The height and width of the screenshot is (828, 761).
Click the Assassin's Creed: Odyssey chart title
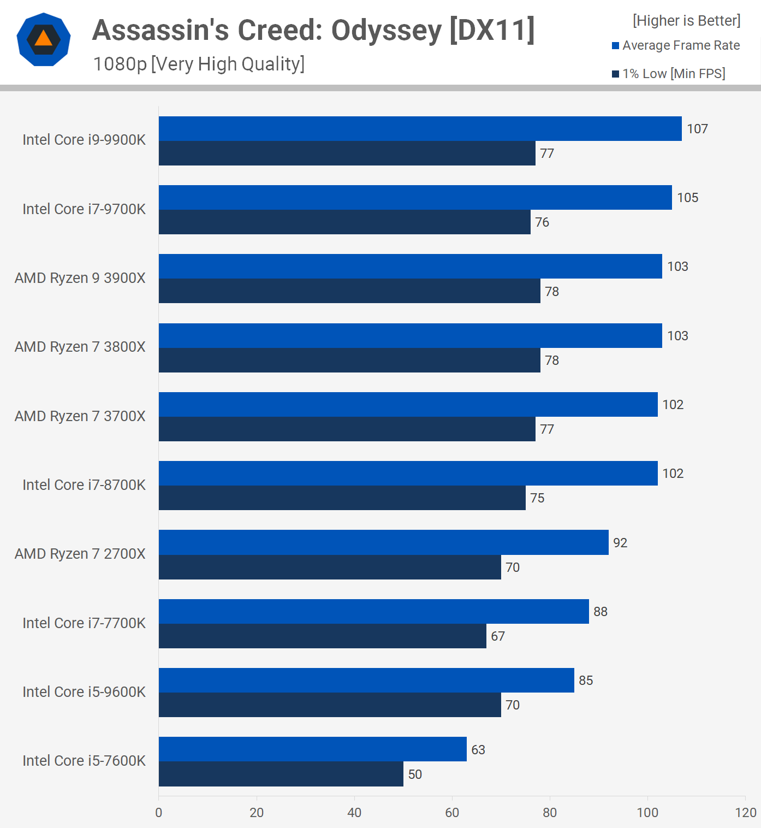(313, 30)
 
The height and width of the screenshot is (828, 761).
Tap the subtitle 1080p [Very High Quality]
(199, 64)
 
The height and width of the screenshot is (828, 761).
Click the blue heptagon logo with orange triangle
(44, 39)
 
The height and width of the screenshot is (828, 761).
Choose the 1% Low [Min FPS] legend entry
(669, 74)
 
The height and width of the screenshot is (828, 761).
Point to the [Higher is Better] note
(686, 21)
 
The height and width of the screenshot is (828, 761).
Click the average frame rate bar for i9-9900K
(420, 129)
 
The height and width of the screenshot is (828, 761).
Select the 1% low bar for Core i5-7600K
(281, 774)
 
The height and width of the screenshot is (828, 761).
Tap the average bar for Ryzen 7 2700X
(383, 542)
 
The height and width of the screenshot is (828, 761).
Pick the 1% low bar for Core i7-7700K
(322, 636)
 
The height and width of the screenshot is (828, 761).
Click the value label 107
(697, 129)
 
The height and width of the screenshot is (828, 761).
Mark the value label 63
(478, 749)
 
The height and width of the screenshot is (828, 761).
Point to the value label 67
(498, 636)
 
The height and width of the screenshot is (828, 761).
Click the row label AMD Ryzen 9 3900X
(80, 278)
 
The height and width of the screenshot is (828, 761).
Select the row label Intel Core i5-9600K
(84, 692)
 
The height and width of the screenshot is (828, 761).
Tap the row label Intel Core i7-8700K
(84, 485)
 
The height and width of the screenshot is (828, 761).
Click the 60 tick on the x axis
(452, 813)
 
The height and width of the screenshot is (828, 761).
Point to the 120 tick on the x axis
(746, 813)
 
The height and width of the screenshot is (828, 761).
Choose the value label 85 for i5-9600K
(586, 681)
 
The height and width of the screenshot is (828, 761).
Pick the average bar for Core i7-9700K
(415, 198)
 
